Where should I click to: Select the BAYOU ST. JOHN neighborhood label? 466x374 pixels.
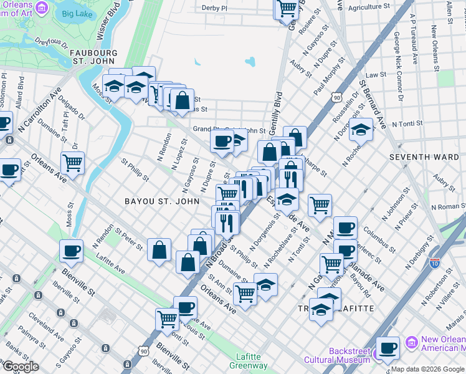click(x=162, y=201)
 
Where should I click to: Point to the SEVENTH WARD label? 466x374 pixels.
click(x=424, y=157)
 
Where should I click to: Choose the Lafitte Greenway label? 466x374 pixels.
click(x=252, y=362)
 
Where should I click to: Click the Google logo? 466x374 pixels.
click(x=21, y=367)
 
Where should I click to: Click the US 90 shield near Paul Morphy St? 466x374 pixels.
click(x=336, y=98)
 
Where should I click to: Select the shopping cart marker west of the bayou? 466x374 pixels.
click(x=73, y=163)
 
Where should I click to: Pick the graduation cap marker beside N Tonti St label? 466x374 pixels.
click(x=361, y=129)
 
